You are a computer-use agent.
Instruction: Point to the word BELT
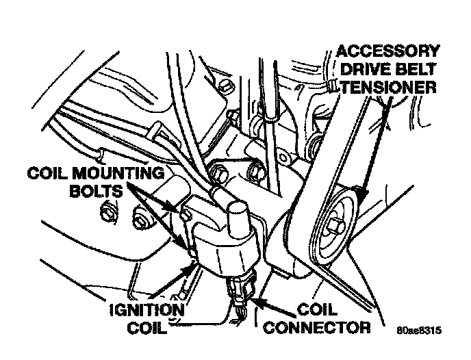point(416,69)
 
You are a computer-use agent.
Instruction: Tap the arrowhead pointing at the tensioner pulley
point(357,192)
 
